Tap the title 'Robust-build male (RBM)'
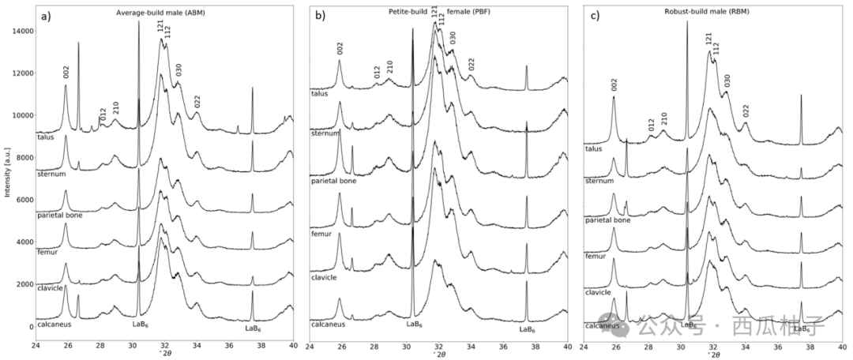click(697, 13)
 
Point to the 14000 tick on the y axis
click(21, 31)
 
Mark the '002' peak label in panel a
click(66, 73)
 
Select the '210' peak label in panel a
click(115, 109)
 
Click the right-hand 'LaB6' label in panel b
click(527, 329)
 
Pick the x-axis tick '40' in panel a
click(293, 346)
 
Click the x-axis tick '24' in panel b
click(310, 346)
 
